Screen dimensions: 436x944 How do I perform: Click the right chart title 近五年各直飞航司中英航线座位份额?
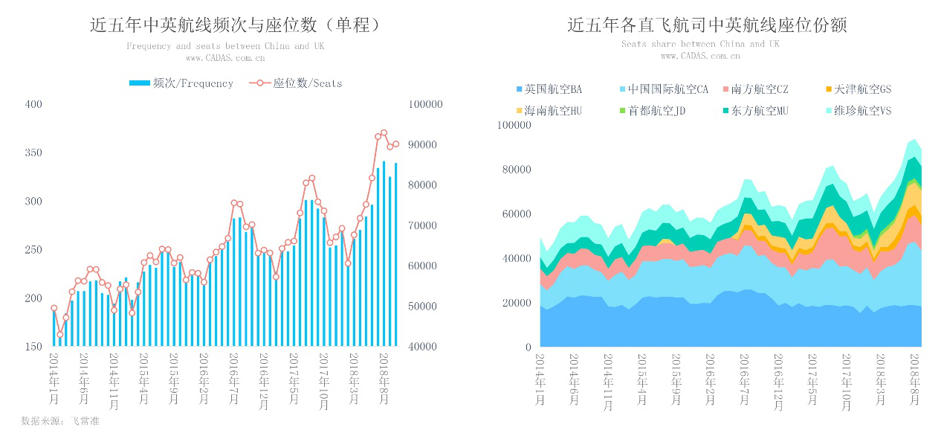coord(707,25)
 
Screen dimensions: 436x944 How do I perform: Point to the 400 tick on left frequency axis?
coord(33,104)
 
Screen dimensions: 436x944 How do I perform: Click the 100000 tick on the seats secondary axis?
coord(426,105)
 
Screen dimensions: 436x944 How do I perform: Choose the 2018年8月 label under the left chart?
coord(384,378)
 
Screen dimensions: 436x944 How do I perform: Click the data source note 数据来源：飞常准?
coord(60,421)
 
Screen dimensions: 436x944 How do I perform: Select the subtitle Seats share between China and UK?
coord(700,44)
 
